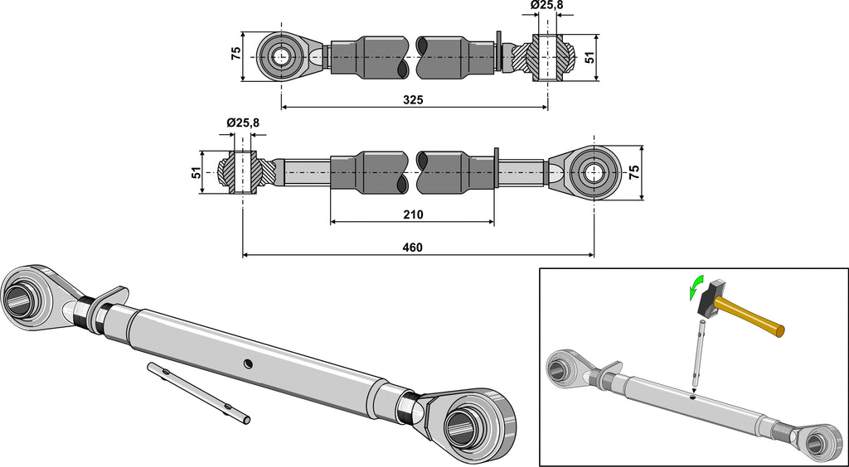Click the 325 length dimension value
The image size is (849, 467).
(x=413, y=100)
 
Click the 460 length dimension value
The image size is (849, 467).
(x=413, y=248)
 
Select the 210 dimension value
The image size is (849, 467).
(x=413, y=214)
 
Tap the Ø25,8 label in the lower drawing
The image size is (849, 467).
(x=242, y=123)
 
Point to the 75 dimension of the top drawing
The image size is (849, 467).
(x=235, y=52)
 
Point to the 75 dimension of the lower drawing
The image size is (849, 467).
(x=633, y=172)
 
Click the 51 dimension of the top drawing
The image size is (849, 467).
(x=590, y=56)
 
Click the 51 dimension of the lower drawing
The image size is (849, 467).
(x=196, y=172)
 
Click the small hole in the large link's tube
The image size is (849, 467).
(x=247, y=362)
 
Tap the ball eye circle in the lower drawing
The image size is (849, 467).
(x=594, y=173)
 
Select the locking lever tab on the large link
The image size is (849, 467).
(x=113, y=296)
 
